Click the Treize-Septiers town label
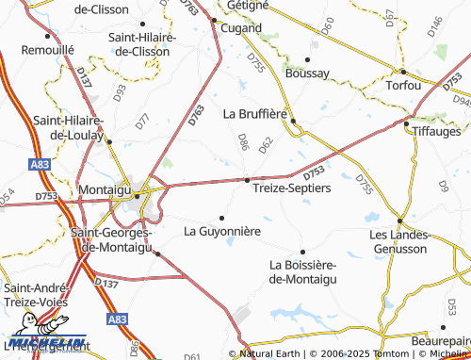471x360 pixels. coord(292,188)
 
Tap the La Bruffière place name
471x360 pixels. coord(254,113)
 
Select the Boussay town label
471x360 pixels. coord(306,73)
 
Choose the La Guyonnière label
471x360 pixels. coord(222,230)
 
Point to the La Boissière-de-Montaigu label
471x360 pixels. coord(302,271)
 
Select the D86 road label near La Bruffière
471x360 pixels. coord(242,141)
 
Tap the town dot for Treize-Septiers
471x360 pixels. coord(248,179)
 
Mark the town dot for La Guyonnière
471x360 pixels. coord(222,218)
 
